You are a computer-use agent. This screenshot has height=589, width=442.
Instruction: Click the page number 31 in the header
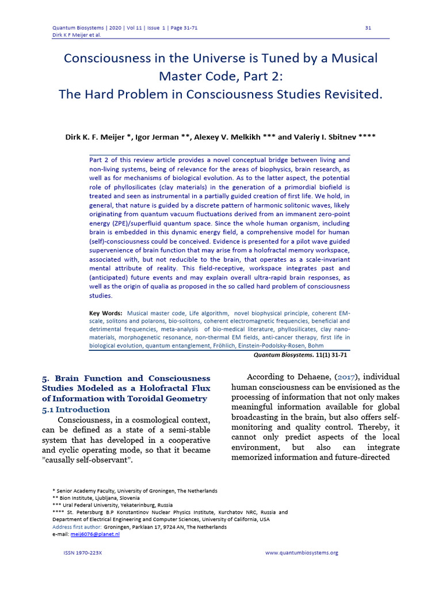coord(368,28)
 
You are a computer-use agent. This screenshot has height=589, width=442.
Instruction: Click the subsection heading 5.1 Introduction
coord(75,410)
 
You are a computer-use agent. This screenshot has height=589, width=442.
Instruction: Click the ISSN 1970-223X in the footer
coord(86,553)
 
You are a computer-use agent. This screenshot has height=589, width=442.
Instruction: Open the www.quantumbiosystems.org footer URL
coord(302,553)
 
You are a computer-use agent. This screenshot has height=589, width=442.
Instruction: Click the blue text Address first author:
coord(77,527)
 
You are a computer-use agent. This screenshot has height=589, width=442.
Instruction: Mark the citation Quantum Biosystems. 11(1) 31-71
coord(302,355)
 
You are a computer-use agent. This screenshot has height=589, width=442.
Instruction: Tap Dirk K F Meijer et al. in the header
coord(77,35)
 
